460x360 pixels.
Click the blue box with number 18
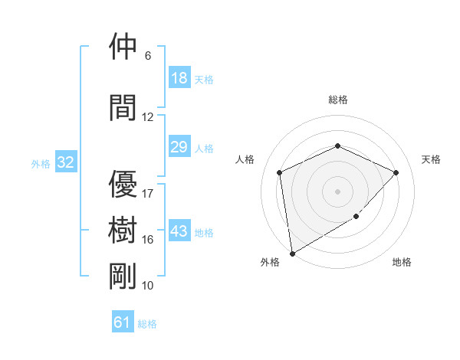179,77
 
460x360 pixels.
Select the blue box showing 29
179,147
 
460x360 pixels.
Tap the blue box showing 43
179,231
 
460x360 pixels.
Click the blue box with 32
66,162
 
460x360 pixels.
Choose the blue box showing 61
123,322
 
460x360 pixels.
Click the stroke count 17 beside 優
148,193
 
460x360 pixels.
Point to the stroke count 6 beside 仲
148,56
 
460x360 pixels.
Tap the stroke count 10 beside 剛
148,285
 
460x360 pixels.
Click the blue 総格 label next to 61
147,324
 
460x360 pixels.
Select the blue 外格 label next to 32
41,163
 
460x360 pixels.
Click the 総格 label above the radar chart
338,100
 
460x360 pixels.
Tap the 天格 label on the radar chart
432,159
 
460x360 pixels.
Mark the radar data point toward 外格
292,253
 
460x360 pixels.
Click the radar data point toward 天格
396,172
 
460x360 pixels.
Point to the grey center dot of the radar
338,191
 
